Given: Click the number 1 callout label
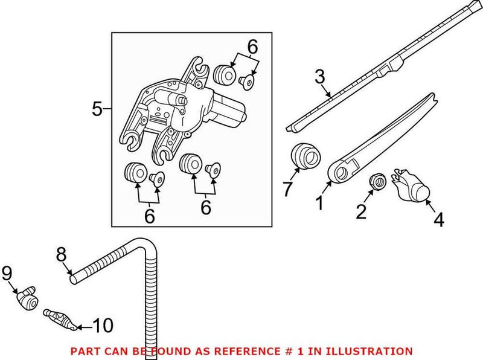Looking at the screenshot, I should tap(318, 202).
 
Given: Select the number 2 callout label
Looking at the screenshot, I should tap(361, 211).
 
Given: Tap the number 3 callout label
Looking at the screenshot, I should tap(320, 77).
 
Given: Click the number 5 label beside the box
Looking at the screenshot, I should tap(97, 109).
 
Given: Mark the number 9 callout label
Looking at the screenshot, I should tap(7, 274).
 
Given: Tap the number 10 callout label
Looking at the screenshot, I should tap(103, 326).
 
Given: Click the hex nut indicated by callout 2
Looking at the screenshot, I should tap(376, 181).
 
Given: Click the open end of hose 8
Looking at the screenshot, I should tap(73, 280).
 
